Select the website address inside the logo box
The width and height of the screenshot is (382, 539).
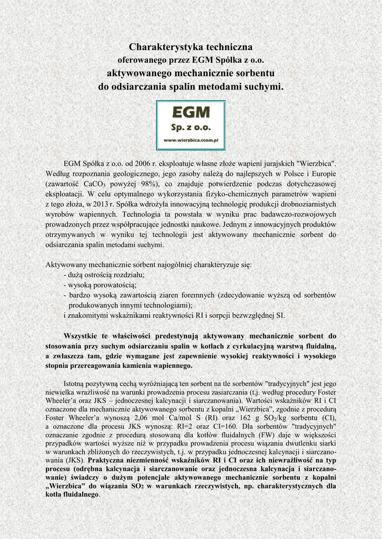191,140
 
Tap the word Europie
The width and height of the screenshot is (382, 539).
322,174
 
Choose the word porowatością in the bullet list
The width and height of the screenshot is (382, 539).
114,285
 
